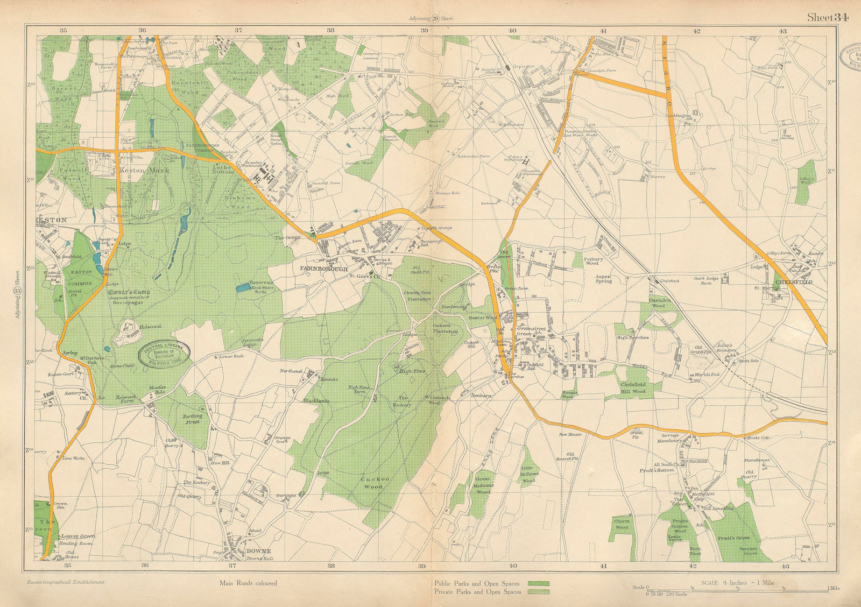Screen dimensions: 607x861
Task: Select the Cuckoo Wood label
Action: click(x=371, y=482)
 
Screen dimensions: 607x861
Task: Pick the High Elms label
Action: click(x=412, y=371)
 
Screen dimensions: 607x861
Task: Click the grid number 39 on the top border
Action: click(x=424, y=31)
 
